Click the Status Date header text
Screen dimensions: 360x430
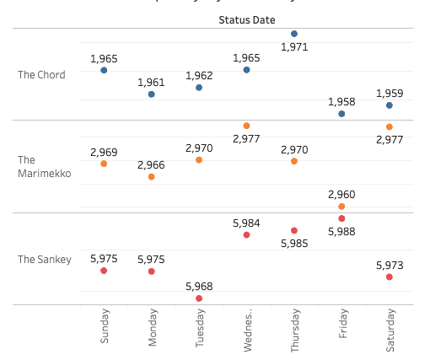coord(246,19)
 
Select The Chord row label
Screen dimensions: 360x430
coord(41,75)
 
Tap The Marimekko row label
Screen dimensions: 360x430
coord(44,167)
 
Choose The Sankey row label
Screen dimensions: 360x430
coord(45,260)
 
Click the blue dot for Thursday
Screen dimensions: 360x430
coord(294,34)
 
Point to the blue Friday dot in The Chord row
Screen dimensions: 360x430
coord(341,113)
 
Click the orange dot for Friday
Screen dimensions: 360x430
coord(341,207)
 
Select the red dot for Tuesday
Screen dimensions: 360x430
coord(199,298)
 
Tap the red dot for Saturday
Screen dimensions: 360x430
coord(390,277)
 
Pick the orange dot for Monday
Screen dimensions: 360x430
coord(152,177)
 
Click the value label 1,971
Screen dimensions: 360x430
coord(294,48)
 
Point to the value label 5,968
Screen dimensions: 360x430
coord(199,287)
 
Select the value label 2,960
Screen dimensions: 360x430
coord(341,195)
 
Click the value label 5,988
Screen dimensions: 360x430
coord(341,231)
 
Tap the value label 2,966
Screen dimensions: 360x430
coord(152,165)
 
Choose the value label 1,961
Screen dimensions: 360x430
coord(152,83)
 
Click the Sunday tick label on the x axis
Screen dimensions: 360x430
coord(105,325)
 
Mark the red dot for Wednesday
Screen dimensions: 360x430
coord(246,235)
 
